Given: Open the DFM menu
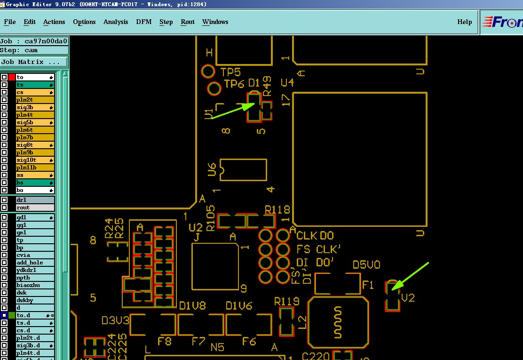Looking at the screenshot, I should [x=143, y=22].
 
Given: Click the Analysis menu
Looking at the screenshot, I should [x=116, y=22].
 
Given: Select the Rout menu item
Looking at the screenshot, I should [x=188, y=22].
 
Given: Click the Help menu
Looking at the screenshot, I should [x=464, y=22].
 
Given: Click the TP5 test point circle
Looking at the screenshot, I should [x=208, y=72].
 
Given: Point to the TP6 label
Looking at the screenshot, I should [x=234, y=84].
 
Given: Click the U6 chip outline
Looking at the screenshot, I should [x=243, y=170].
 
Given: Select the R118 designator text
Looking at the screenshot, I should [x=277, y=209].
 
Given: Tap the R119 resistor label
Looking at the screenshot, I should [x=287, y=301].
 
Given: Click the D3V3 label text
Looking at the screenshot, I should [x=115, y=321].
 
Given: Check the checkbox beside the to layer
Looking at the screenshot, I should [x=4, y=77].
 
